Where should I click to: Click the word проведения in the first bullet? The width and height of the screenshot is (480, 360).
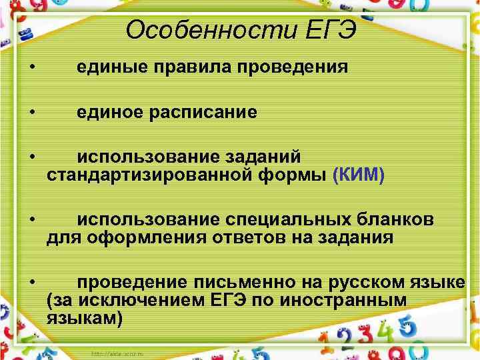[x=288, y=67]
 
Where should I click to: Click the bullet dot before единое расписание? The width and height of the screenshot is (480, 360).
[x=32, y=112]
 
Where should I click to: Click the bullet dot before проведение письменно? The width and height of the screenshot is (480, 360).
[x=32, y=283]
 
